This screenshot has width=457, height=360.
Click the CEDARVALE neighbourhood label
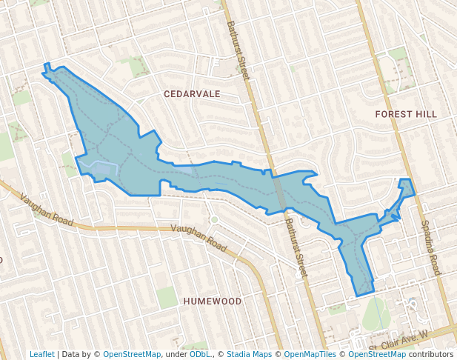(192, 94)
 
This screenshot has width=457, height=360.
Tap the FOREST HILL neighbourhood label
(406, 114)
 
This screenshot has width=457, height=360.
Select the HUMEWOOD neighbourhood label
(212, 301)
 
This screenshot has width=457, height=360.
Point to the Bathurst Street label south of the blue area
(296, 242)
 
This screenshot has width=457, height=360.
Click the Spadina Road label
(430, 247)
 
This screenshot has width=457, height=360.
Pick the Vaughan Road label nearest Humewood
(199, 238)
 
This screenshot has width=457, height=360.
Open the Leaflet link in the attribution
(41, 354)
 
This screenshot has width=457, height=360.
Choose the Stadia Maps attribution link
(249, 354)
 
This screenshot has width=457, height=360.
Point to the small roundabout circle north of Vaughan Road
(214, 219)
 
